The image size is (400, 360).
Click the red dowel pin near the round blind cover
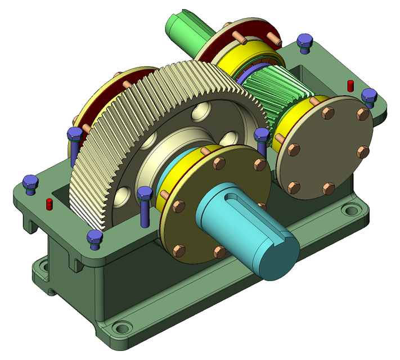pos(350,85)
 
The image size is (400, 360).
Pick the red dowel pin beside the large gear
pos(49,203)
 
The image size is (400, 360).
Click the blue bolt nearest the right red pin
pos(370,96)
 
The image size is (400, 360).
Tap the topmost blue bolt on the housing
pos(304,41)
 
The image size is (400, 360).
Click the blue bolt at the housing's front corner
pos(95,238)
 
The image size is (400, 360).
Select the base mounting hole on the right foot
pos(352,211)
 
